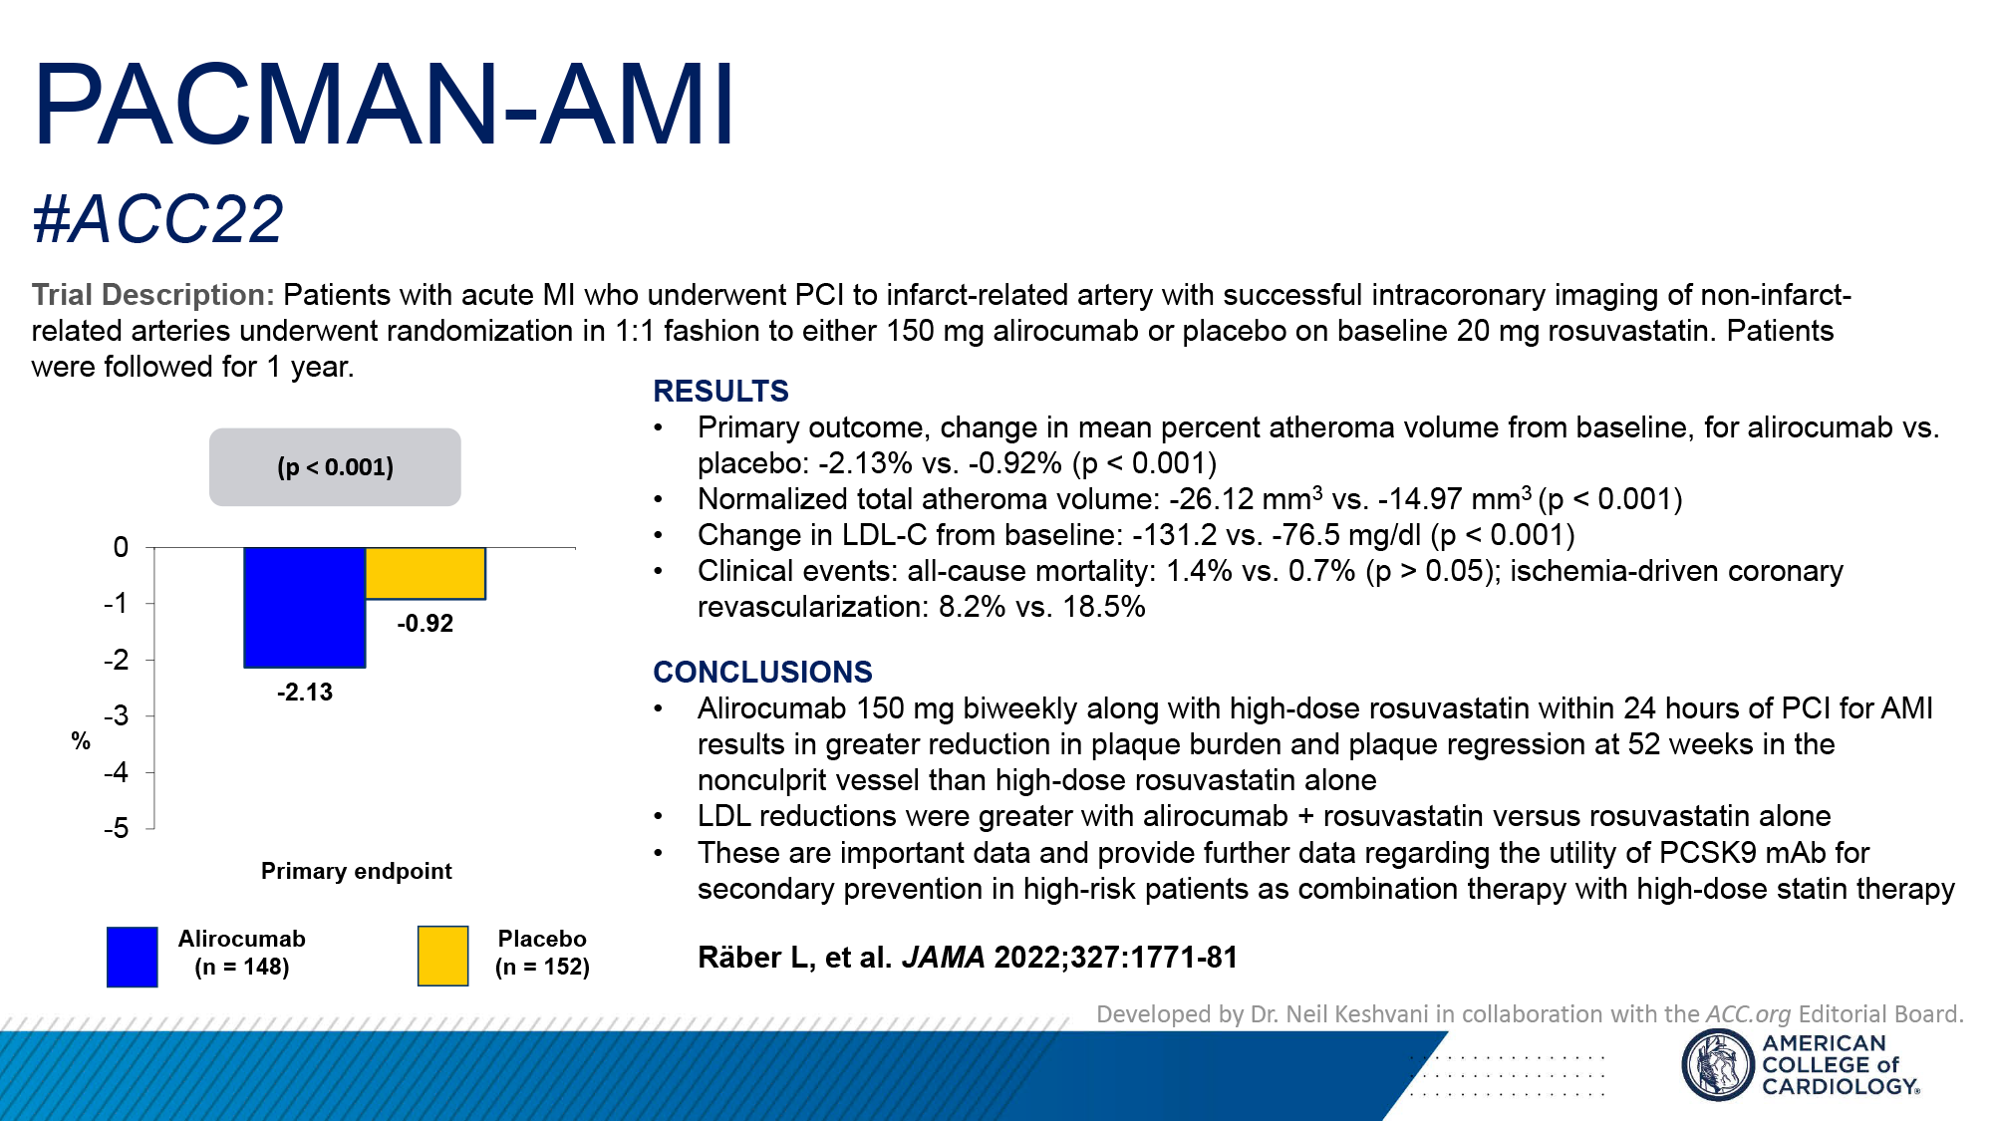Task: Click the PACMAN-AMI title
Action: click(x=384, y=106)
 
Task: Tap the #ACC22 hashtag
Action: click(x=157, y=219)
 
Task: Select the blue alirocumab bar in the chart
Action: click(x=304, y=607)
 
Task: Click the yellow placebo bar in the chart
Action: click(x=426, y=573)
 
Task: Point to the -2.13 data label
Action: click(x=305, y=693)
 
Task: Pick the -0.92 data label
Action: click(x=426, y=624)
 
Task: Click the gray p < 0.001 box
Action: click(x=335, y=467)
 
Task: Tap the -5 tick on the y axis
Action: click(x=117, y=829)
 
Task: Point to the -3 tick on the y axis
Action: click(x=117, y=716)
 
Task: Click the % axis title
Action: click(x=81, y=741)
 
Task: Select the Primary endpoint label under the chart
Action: click(x=356, y=871)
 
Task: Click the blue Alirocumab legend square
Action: click(x=132, y=957)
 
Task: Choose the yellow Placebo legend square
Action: click(x=442, y=957)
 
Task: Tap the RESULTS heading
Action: click(x=720, y=392)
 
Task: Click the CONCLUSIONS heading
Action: click(x=762, y=673)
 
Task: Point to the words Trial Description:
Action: click(x=152, y=295)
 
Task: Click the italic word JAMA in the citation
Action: click(x=943, y=958)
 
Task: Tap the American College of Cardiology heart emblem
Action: click(x=1717, y=1064)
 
